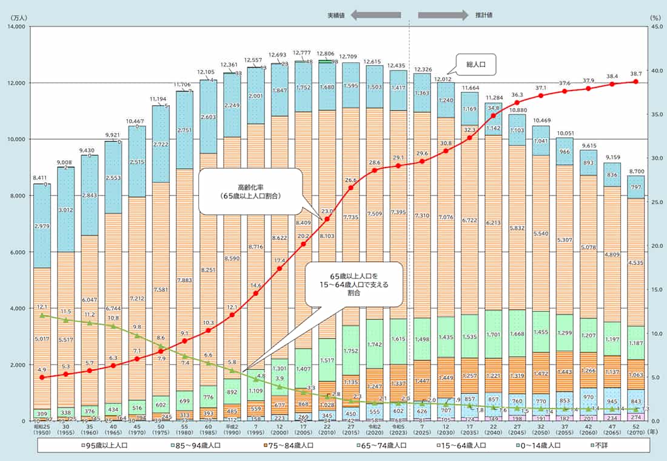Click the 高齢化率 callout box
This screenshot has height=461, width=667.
(x=250, y=192)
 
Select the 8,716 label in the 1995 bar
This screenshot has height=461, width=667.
(x=255, y=247)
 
